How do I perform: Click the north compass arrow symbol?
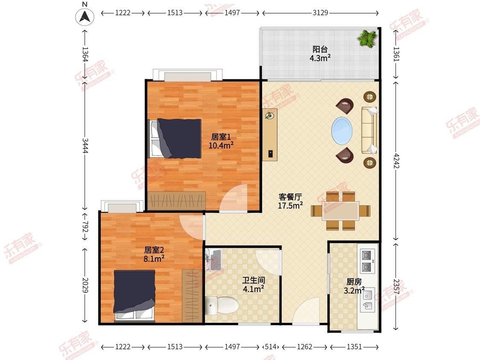pos(85,17)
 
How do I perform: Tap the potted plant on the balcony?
pos(367,38)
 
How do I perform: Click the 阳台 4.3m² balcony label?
pos(320,54)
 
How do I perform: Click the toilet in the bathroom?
pos(222,305)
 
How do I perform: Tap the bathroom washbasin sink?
pos(213,260)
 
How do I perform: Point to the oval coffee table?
pos(342,131)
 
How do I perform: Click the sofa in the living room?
pos(369,130)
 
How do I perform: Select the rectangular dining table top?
pos(340,211)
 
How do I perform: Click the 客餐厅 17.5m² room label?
pos(290,201)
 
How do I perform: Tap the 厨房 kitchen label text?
pos(354,282)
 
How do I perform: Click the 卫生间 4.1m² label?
pos(253,285)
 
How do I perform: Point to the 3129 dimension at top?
pos(320,13)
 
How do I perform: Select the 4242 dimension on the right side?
pos(396,160)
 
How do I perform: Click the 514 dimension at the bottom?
pos(271,347)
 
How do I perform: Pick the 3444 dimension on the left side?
pos(85,146)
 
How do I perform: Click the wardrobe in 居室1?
pos(176,201)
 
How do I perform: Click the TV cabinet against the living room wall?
pos(270,134)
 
